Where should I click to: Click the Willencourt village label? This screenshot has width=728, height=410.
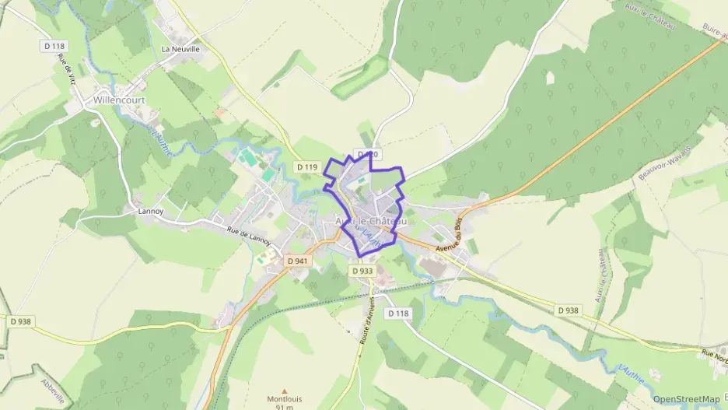[x=115, y=100]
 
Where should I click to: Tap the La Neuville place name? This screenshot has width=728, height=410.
[x=180, y=48]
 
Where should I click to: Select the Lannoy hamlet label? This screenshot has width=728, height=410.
[x=150, y=211]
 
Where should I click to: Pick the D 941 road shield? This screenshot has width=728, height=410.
[x=297, y=261]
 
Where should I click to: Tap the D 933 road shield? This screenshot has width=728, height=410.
[x=362, y=271]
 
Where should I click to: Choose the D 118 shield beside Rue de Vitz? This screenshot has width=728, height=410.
[x=53, y=47]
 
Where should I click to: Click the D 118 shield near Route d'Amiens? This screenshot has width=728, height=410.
[x=397, y=314]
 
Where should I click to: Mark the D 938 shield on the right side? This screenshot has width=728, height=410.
[x=569, y=310]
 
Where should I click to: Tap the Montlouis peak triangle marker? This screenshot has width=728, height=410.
[x=284, y=391]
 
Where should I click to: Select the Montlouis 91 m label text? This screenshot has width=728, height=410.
[x=284, y=402]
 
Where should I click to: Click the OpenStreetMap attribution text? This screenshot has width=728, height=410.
[x=686, y=399]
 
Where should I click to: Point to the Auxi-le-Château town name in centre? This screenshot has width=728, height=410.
[x=370, y=222]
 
